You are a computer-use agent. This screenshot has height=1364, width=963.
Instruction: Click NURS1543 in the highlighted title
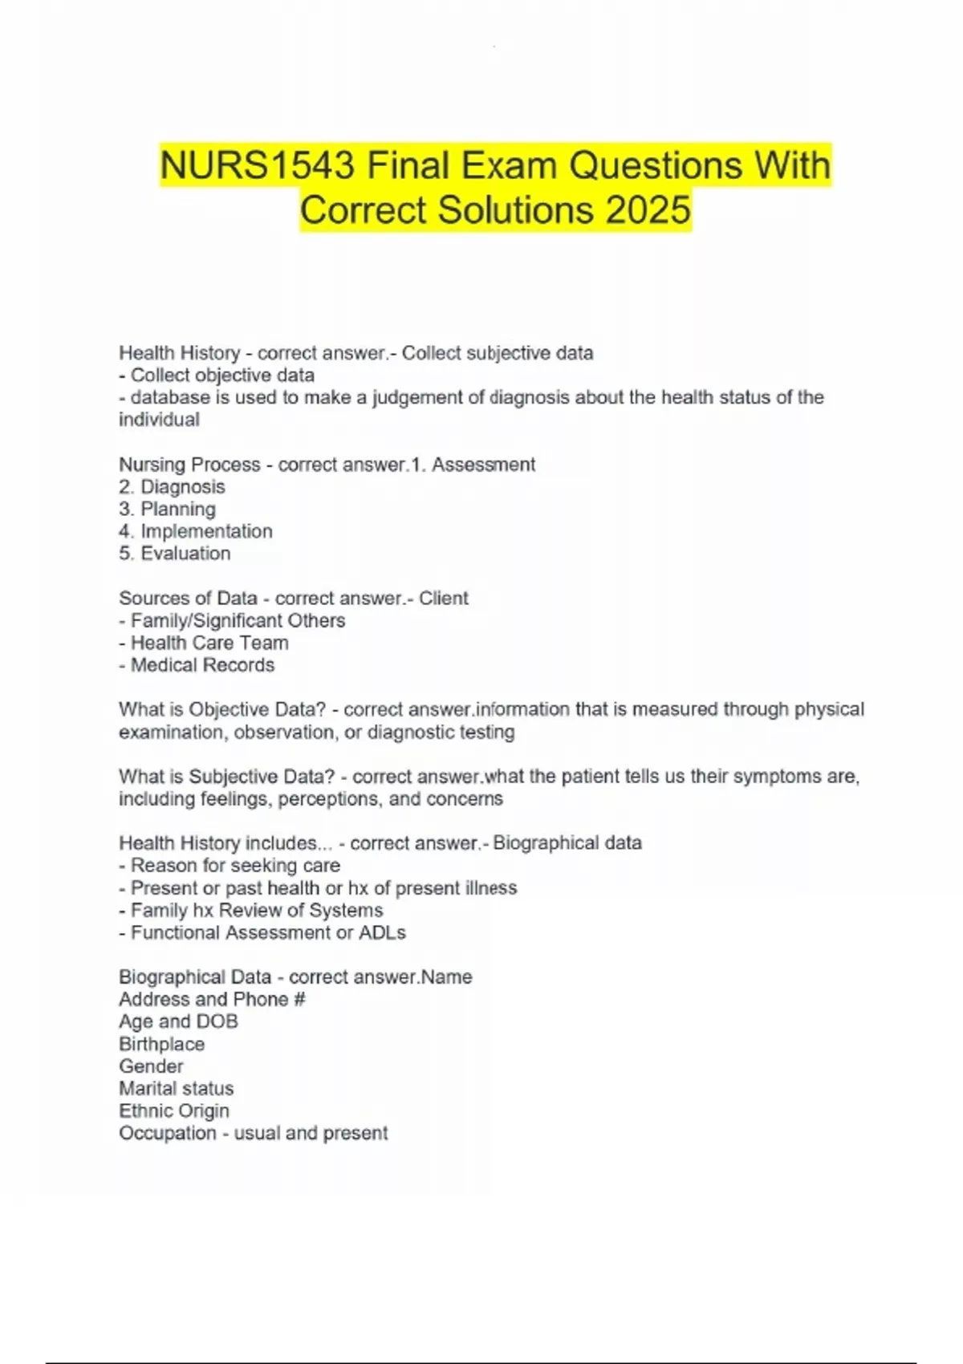[257, 166]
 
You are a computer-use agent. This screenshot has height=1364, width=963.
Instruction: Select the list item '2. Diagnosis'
[172, 487]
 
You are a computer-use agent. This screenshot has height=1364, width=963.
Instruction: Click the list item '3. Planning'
[167, 509]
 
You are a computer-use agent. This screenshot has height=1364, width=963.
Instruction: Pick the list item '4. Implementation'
[195, 531]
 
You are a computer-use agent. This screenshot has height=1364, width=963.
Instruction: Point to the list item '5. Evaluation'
[174, 554]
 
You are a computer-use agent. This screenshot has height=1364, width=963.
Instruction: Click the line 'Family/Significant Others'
[238, 621]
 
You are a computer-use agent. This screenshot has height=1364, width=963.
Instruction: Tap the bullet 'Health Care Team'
[209, 643]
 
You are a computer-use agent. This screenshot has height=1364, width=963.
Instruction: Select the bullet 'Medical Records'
[202, 665]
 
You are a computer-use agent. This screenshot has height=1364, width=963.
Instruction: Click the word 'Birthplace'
[161, 1045]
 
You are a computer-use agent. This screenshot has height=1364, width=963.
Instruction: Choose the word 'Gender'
[151, 1066]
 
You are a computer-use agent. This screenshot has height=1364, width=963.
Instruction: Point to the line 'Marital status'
[176, 1089]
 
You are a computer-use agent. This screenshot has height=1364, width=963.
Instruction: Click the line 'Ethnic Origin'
[174, 1111]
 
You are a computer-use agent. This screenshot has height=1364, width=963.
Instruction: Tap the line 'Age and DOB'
[178, 1021]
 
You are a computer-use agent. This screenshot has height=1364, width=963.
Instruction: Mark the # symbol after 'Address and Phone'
[299, 1000]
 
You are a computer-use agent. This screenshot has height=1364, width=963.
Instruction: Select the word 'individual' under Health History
[159, 420]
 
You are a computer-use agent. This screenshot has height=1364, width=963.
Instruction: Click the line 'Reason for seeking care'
[234, 866]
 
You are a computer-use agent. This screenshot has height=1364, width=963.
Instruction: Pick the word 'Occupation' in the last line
[167, 1133]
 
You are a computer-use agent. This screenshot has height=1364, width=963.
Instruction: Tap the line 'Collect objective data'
[221, 376]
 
